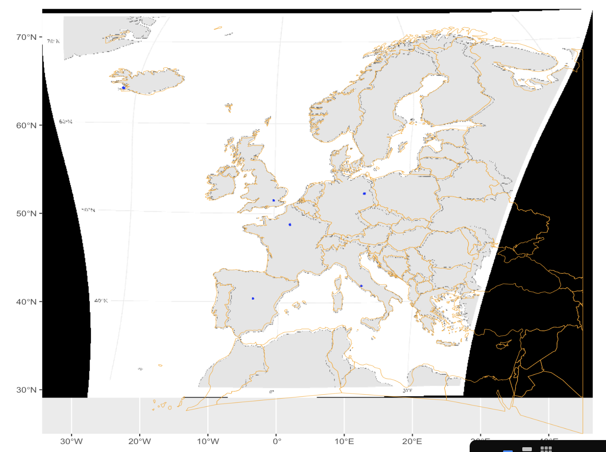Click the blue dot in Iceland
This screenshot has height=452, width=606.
point(124,88)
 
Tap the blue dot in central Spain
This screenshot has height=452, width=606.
point(253,298)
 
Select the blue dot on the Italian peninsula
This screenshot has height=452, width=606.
point(361,286)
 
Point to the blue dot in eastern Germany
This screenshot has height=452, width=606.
point(364,194)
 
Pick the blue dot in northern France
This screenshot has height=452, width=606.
point(290,224)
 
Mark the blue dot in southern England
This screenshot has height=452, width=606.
point(273,200)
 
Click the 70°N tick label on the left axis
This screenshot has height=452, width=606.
point(26,37)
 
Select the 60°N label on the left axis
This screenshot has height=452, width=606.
point(26,126)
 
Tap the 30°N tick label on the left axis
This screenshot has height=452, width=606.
point(26,390)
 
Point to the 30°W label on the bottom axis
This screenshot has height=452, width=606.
point(72,442)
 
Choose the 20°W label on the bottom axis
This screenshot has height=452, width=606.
point(140,442)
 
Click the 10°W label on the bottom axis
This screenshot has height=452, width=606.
point(208,442)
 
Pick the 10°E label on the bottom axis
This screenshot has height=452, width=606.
point(344,442)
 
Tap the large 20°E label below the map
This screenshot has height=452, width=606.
point(412,442)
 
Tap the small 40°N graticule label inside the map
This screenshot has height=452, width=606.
point(101,301)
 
